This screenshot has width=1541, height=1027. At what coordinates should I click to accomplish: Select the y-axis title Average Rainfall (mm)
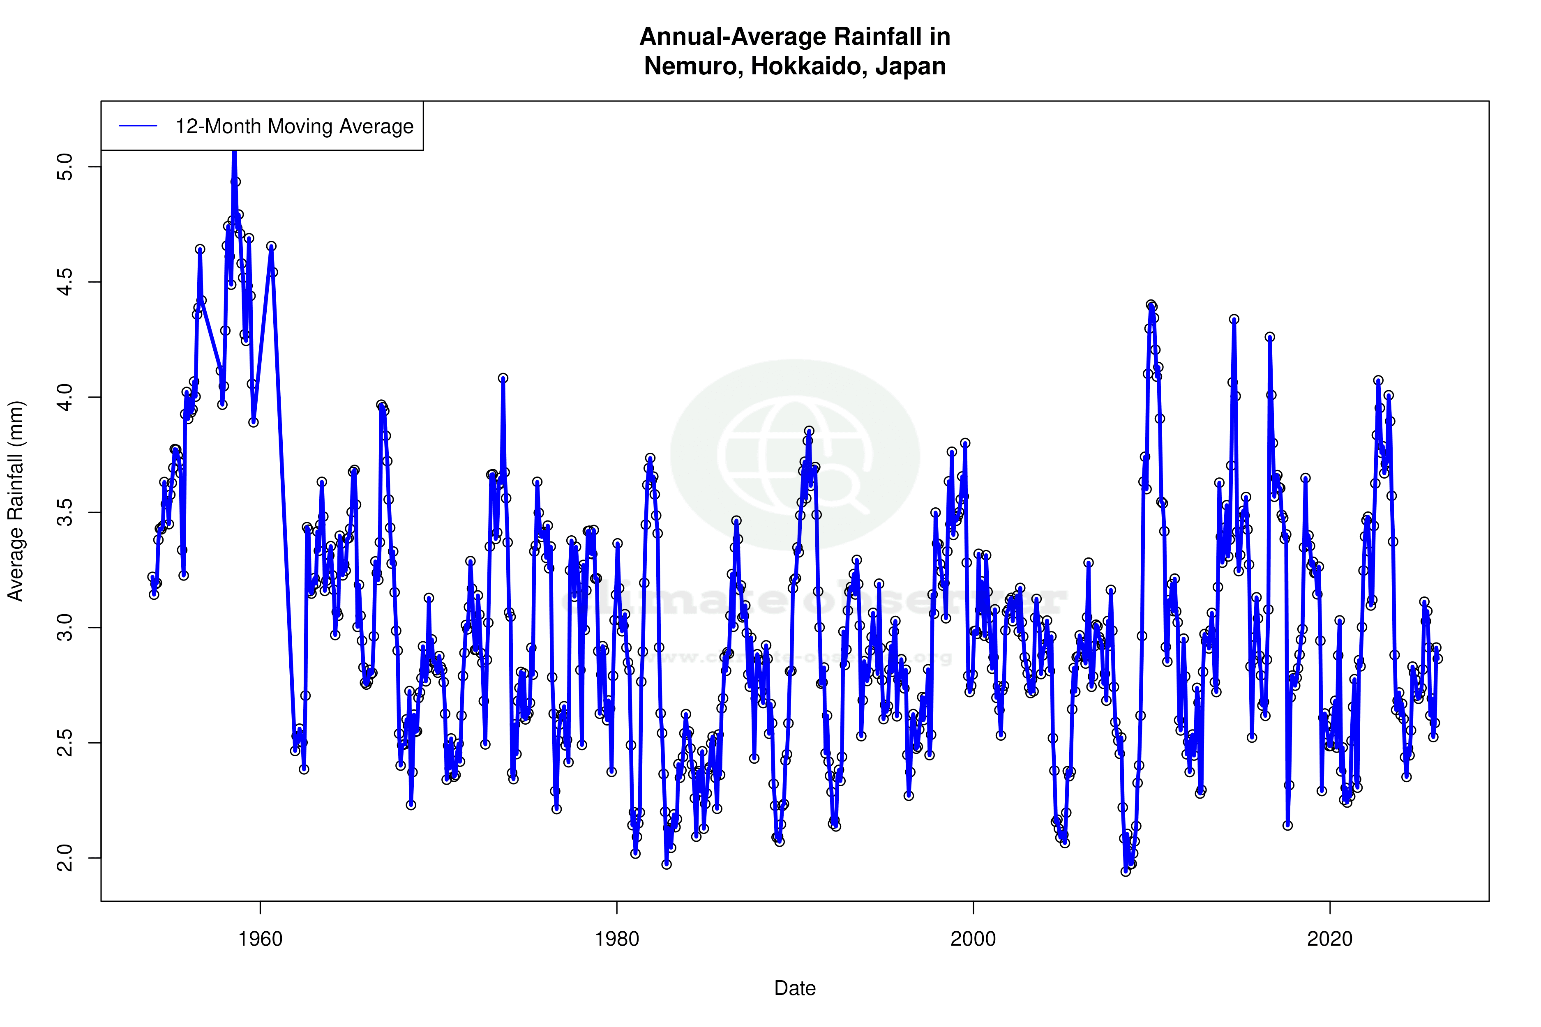pyautogui.click(x=15, y=501)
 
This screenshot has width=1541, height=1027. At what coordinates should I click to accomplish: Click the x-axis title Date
pyautogui.click(x=795, y=988)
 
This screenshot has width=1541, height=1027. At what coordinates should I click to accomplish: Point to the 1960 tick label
pyautogui.click(x=260, y=939)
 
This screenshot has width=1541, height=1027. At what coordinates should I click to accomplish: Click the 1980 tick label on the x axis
pyautogui.click(x=616, y=939)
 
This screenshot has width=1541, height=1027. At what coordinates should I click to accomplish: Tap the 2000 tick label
pyautogui.click(x=973, y=939)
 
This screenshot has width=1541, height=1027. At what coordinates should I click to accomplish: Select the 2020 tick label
pyautogui.click(x=1329, y=939)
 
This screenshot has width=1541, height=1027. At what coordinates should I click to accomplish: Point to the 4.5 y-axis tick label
pyautogui.click(x=65, y=282)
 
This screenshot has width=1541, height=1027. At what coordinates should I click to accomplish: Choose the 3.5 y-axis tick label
pyautogui.click(x=65, y=512)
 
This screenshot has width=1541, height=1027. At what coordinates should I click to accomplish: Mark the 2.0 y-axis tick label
pyautogui.click(x=65, y=858)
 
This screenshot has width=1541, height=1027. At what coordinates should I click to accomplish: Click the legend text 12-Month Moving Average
pyautogui.click(x=294, y=127)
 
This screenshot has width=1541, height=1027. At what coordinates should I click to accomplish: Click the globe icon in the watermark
pyautogui.click(x=795, y=455)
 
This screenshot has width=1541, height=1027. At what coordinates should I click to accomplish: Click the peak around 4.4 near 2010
pyautogui.click(x=1151, y=305)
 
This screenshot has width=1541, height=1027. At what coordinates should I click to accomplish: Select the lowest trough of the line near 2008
pyautogui.click(x=1126, y=871)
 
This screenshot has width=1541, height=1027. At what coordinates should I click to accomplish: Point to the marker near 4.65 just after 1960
pyautogui.click(x=271, y=246)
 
